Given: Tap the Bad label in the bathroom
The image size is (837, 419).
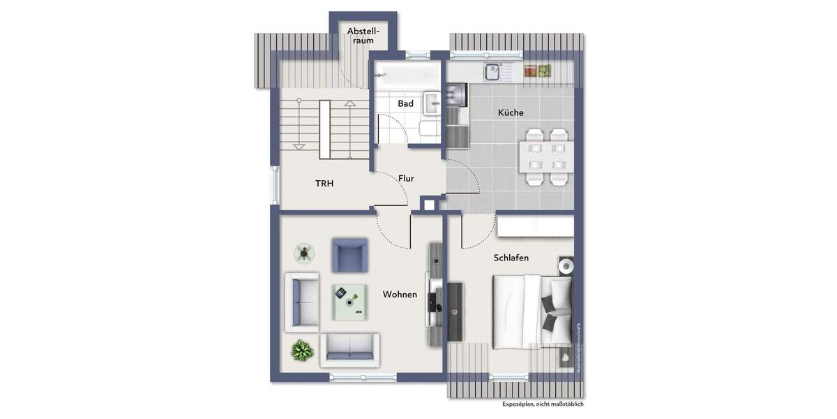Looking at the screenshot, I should pyautogui.click(x=405, y=104).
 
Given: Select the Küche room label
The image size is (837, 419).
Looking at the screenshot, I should pyautogui.click(x=510, y=112).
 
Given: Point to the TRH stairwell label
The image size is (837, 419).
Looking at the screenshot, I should pyautogui.click(x=324, y=184).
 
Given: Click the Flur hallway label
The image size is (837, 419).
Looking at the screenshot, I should pyautogui.click(x=406, y=179).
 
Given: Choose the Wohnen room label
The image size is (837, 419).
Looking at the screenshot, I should pyautogui.click(x=400, y=295).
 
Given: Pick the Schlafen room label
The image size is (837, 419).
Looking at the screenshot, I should pyautogui.click(x=511, y=258).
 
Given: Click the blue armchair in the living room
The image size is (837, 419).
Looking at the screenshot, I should pyautogui.click(x=349, y=255).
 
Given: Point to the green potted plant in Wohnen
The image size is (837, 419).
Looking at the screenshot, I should pyautogui.click(x=301, y=349).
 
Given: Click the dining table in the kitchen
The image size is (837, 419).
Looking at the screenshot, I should pyautogui.click(x=546, y=157).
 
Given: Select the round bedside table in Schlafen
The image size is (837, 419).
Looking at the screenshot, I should pyautogui.click(x=566, y=266).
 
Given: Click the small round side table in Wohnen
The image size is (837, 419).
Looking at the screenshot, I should pyautogui.click(x=303, y=252).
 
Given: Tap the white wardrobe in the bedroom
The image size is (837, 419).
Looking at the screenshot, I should pyautogui.click(x=536, y=226).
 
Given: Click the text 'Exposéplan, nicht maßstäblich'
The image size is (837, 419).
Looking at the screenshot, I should pyautogui.click(x=543, y=404).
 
